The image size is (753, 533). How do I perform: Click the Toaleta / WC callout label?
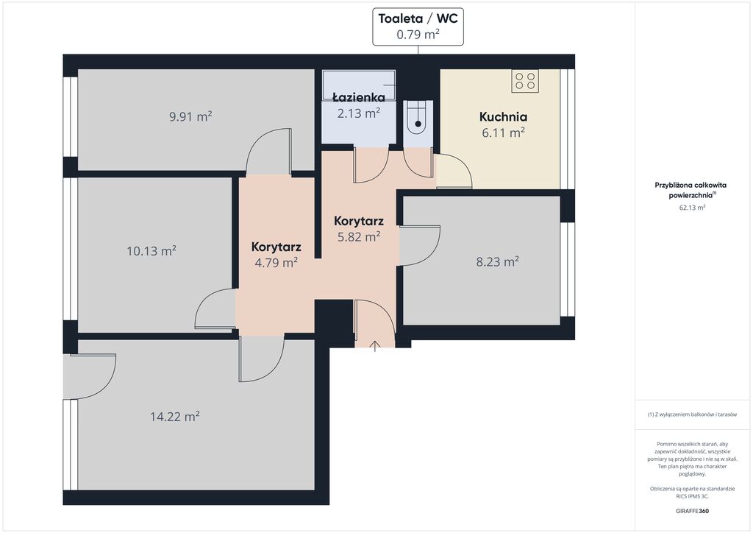pyautogui.click(x=418, y=27)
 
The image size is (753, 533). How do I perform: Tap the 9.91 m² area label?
pyautogui.click(x=190, y=116)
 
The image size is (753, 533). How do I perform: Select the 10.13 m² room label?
pyautogui.click(x=151, y=251)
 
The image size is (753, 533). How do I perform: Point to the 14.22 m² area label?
pyautogui.click(x=175, y=416)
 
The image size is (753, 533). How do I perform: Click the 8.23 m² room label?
pyautogui.click(x=498, y=261)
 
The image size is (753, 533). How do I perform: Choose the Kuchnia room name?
pyautogui.click(x=503, y=117)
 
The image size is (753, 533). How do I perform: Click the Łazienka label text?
pyautogui.click(x=359, y=98)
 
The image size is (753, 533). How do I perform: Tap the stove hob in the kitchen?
pyautogui.click(x=525, y=80)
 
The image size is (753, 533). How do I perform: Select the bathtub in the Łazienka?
pyautogui.click(x=359, y=85)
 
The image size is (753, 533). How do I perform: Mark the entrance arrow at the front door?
pyautogui.click(x=375, y=345)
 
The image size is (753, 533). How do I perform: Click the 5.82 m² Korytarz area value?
pyautogui.click(x=359, y=237)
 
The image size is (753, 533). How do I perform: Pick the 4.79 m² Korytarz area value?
pyautogui.click(x=276, y=263)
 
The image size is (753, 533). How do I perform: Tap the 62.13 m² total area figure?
pyautogui.click(x=692, y=208)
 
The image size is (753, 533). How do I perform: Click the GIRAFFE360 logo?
pyautogui.click(x=692, y=511)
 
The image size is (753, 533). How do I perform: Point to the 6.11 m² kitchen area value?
pyautogui.click(x=503, y=133)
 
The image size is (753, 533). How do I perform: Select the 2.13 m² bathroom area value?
pyautogui.click(x=359, y=113)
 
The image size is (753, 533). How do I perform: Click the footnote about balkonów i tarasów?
pyautogui.click(x=692, y=414)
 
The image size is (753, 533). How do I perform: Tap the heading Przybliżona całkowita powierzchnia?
pyautogui.click(x=690, y=190)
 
